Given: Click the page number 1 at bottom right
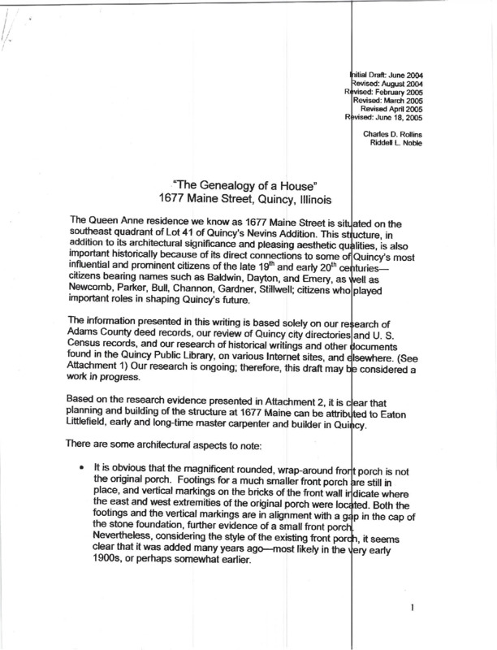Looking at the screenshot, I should tap(413, 607).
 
